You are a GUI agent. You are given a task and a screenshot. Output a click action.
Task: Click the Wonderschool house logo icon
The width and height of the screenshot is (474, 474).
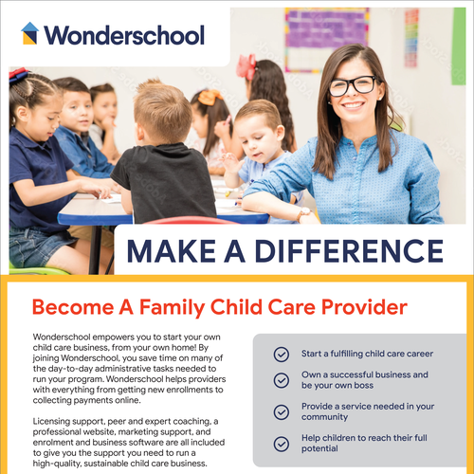click(x=29, y=35)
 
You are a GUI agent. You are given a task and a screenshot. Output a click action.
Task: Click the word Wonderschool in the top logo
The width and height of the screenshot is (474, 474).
click(x=123, y=36)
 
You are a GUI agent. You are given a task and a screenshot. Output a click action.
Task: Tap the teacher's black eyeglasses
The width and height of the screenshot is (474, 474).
click(x=352, y=86)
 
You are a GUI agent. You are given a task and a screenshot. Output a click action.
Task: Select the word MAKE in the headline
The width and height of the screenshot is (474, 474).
click(x=170, y=251)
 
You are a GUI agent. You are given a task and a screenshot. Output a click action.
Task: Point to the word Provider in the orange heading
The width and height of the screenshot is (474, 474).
click(x=359, y=307)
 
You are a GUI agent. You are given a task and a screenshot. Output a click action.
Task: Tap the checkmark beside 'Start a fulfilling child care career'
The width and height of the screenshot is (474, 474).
click(x=281, y=354)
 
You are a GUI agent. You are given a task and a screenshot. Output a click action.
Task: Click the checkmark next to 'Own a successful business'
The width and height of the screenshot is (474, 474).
click(x=281, y=379)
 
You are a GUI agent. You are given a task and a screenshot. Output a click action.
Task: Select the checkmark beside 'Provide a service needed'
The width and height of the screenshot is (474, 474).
click(x=281, y=412)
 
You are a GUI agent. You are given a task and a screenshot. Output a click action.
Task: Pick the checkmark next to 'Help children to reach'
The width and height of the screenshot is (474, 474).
click(x=281, y=443)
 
